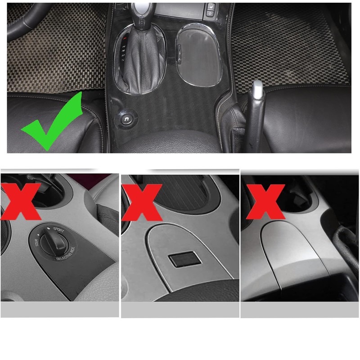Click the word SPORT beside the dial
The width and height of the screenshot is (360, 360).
tap(58, 229)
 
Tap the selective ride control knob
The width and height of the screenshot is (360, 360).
tap(54, 241)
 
